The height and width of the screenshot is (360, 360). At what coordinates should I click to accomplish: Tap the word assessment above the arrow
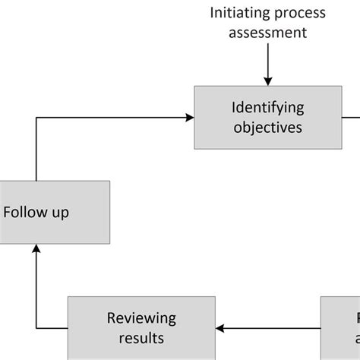tap(268, 32)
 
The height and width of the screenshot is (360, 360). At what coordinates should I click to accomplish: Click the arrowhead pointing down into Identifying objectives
tap(268, 80)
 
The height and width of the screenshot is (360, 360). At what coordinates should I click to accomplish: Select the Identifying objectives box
tap(267, 117)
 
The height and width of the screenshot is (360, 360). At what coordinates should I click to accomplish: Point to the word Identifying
tap(268, 108)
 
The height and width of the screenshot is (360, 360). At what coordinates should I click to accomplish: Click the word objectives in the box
tap(268, 128)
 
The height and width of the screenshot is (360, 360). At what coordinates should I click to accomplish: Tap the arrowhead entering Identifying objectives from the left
tap(189, 117)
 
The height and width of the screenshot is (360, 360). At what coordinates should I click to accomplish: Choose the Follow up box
tap(54, 212)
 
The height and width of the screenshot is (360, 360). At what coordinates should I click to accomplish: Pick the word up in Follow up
tap(60, 212)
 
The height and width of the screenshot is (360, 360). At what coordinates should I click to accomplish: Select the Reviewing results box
tap(141, 327)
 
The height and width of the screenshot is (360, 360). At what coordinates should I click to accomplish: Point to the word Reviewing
tap(141, 317)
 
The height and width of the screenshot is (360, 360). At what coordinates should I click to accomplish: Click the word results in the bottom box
tap(141, 337)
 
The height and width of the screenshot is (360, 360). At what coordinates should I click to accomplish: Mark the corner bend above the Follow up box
tap(36, 117)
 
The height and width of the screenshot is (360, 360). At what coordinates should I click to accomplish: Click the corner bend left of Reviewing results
tap(36, 328)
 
